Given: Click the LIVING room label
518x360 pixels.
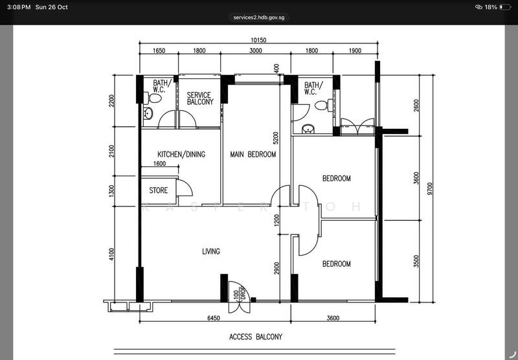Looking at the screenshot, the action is coord(211,251).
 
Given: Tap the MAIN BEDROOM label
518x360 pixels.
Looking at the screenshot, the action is coord(253,154).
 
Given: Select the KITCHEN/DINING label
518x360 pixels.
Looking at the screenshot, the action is coord(181,154).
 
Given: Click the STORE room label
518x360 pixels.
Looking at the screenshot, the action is coord(158,190).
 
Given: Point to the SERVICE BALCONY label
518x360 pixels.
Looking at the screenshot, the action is coord(200,98).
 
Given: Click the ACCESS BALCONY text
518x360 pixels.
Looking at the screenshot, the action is coord(256,337).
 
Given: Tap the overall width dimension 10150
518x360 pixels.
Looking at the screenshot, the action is coord(258,40).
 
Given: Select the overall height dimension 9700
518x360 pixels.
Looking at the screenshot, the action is coord(429,188).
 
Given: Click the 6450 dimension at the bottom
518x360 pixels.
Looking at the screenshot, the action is coord(214,318).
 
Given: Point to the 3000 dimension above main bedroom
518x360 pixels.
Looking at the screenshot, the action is coord(256,51).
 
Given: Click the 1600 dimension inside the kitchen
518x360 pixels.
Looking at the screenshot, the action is coord(159,163).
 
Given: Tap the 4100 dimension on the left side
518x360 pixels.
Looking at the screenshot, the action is coord(111,254).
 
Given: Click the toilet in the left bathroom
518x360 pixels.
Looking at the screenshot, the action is coord(153,98).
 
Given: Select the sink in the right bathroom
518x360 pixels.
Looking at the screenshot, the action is coord(308,129).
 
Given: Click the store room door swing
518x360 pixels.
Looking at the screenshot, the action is coord(185,188).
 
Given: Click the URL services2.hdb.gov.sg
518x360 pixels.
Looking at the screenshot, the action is coord(258,17).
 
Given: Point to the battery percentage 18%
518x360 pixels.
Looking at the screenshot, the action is coord(491,7).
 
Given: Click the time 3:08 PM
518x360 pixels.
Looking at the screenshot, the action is coord(19,7).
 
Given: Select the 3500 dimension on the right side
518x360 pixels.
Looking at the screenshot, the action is coord(416,261).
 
